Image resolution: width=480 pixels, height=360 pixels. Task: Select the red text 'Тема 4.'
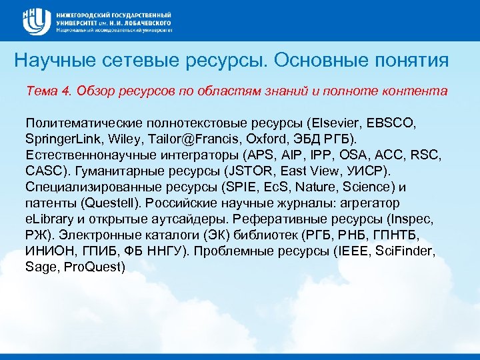coord(47,90)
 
